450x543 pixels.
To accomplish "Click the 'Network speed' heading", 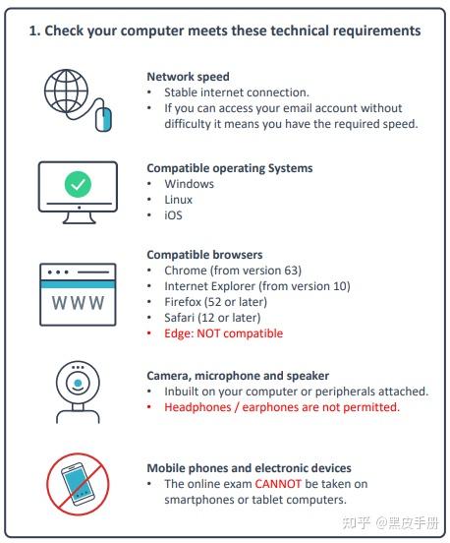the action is (189, 77).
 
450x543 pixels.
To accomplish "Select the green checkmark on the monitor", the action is (78, 184).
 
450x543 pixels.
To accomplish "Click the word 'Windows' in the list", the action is (190, 184).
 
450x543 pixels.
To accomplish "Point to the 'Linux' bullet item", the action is (178, 200).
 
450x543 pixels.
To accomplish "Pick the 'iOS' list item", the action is (173, 215).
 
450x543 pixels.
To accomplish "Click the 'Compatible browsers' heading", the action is (204, 255).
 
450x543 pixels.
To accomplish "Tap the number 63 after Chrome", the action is (291, 271).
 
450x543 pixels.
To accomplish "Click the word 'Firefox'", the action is (183, 302).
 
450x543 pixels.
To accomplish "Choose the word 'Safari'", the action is (179, 318).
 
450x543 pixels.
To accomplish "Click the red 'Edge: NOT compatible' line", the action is (223, 333).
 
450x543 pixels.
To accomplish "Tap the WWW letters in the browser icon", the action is (78, 303).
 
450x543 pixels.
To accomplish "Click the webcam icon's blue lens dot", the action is (78, 383).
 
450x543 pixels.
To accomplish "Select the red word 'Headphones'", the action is (197, 407).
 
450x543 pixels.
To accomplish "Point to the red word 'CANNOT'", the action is (278, 483).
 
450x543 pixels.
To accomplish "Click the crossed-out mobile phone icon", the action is (78, 484).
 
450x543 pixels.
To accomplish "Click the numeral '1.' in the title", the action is (34, 30).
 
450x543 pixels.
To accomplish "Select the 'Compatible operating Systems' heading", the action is (230, 168).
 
